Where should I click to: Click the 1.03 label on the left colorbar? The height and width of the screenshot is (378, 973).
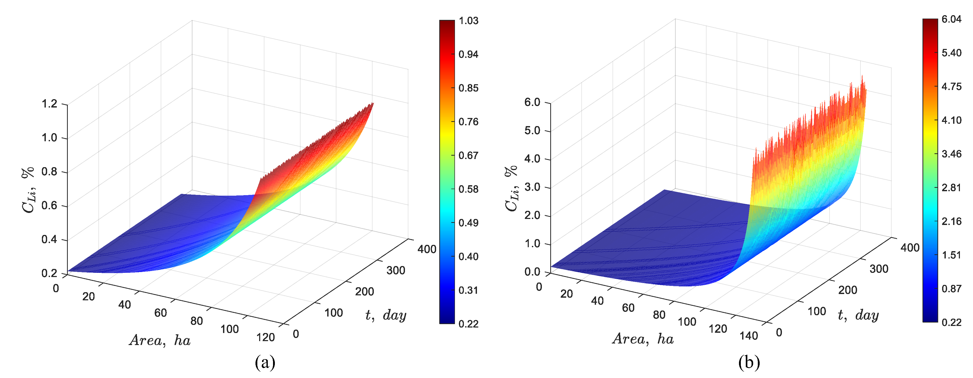468,21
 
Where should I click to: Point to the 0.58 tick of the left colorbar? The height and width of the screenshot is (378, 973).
468,189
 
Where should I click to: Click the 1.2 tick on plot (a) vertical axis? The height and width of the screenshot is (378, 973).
49,104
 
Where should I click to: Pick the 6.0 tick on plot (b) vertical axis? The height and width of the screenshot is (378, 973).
532,102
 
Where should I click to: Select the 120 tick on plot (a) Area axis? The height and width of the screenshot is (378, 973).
265,337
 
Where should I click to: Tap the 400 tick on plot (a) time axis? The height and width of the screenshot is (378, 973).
427,249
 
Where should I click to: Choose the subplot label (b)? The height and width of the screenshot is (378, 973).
749,363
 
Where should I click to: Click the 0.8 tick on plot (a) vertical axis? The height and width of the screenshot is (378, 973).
49,172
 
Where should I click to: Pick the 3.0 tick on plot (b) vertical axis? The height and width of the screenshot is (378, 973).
532,187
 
